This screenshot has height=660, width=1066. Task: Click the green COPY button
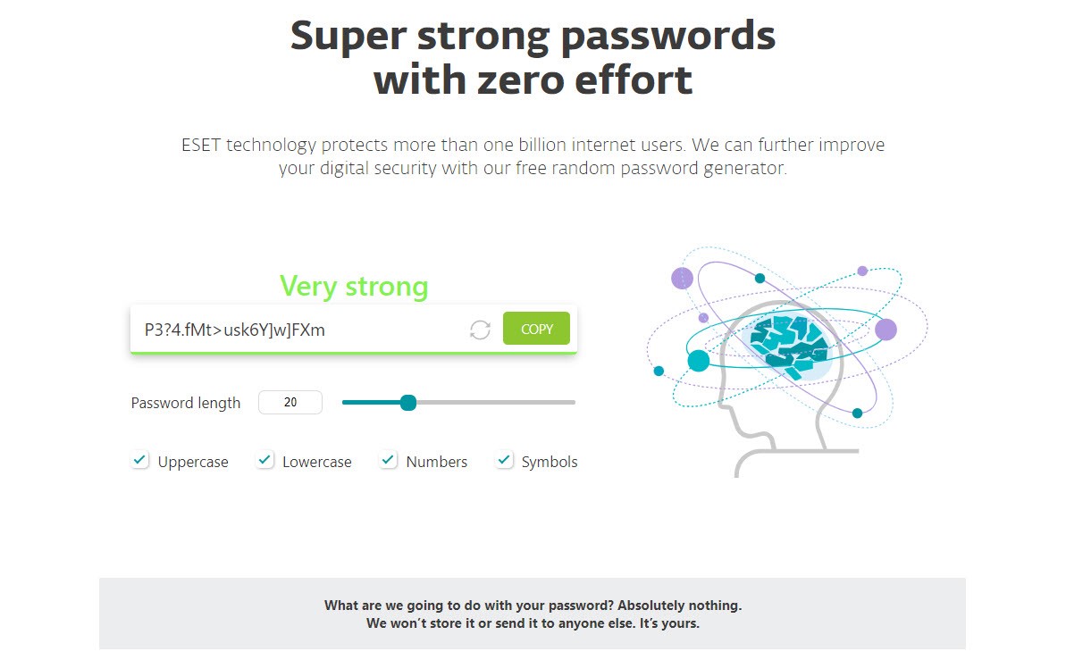[536, 329]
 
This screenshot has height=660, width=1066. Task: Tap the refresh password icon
[480, 330]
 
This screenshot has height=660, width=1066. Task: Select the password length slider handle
[408, 403]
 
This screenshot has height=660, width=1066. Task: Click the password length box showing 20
[290, 403]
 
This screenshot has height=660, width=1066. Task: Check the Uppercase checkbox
[139, 460]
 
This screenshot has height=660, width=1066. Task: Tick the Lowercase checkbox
[264, 460]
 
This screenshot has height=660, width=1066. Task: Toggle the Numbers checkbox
[388, 460]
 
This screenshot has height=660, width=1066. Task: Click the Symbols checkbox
[504, 460]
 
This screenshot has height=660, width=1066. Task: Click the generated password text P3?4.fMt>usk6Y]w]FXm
[234, 330]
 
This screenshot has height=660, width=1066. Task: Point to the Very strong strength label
[354, 286]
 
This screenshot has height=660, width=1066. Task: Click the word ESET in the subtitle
[200, 145]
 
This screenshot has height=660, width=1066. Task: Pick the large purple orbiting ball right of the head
[886, 330]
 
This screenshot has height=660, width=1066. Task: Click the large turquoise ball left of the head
[698, 360]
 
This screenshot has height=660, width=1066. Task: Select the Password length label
[186, 403]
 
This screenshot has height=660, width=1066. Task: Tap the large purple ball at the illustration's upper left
[682, 278]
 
